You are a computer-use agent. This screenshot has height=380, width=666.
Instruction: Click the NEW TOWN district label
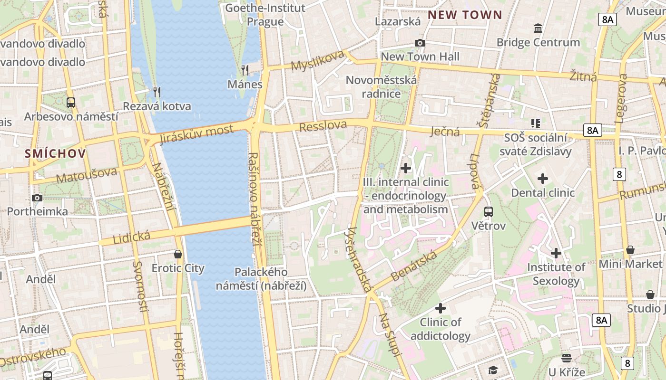point(465,15)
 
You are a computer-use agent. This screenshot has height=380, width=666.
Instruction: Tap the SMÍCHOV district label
point(56,153)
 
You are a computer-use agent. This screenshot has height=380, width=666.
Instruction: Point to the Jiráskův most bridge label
point(196,133)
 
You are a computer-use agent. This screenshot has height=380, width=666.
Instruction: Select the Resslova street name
point(323,126)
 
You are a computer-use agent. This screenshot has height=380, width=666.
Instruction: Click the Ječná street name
point(445,131)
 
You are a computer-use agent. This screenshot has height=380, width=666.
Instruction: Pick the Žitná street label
point(583,76)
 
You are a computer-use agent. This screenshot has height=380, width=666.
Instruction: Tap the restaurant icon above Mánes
point(245,70)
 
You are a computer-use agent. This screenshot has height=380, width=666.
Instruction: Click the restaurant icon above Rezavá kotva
point(157,92)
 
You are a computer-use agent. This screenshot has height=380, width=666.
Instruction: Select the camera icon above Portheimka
point(37,198)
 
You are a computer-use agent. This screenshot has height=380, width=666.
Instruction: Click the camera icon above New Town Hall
point(420,43)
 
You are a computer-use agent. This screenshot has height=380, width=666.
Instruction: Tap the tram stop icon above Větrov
point(489,212)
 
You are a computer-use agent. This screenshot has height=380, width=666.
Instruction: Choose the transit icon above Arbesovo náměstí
point(71,102)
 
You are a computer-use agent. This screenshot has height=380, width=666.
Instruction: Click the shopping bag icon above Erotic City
point(178,254)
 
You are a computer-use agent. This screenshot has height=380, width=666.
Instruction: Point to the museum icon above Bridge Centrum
point(538,28)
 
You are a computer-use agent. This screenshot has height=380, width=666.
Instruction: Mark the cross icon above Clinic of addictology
point(441,308)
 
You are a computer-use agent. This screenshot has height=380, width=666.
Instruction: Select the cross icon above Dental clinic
point(543,179)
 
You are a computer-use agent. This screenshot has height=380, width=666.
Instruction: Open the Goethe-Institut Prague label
point(265,15)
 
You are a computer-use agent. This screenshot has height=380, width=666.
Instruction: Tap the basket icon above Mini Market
point(630,250)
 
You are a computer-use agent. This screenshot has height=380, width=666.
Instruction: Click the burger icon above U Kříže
point(566,358)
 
